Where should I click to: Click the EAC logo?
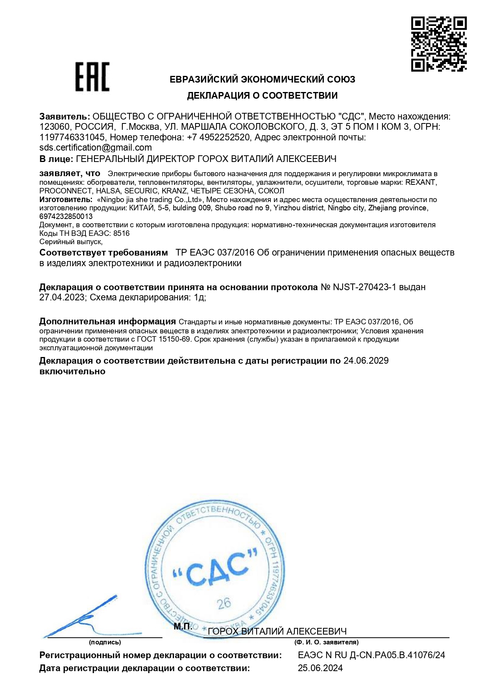(x=92, y=77)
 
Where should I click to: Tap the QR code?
(x=439, y=44)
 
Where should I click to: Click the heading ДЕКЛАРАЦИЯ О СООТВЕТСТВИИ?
(x=262, y=96)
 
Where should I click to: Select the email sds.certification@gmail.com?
(x=96, y=148)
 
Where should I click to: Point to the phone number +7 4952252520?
(x=218, y=138)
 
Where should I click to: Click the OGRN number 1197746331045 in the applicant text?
(x=72, y=138)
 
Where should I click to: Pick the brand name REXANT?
(x=420, y=182)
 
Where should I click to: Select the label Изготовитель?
(x=66, y=200)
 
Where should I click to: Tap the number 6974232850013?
(x=66, y=217)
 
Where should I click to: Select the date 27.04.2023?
(x=62, y=298)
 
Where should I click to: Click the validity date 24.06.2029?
(x=366, y=361)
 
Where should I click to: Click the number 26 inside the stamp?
(x=224, y=604)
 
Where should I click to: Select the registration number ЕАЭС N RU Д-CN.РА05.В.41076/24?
(x=372, y=655)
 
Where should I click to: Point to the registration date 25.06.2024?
(x=320, y=668)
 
